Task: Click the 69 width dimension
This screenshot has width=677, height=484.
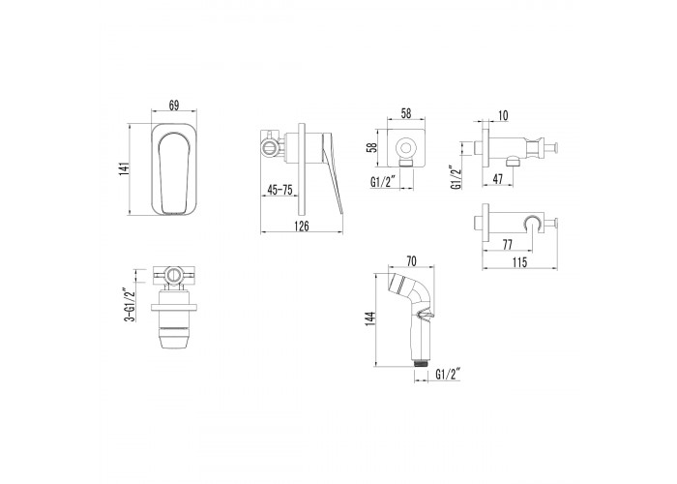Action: pyautogui.click(x=173, y=106)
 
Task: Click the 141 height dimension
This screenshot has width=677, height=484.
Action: pyautogui.click(x=125, y=168)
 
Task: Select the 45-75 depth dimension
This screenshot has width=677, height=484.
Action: pyautogui.click(x=280, y=190)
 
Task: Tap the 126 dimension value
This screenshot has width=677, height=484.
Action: pyautogui.click(x=302, y=226)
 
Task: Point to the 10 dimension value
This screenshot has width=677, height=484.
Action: pyautogui.click(x=503, y=115)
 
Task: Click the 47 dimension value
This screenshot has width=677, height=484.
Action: pyautogui.click(x=498, y=179)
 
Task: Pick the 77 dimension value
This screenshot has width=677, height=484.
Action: pyautogui.click(x=508, y=245)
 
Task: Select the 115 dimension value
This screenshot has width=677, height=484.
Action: pyautogui.click(x=520, y=262)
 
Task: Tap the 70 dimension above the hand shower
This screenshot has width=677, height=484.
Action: pyautogui.click(x=411, y=261)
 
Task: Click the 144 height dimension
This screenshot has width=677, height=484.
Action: pyautogui.click(x=370, y=318)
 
